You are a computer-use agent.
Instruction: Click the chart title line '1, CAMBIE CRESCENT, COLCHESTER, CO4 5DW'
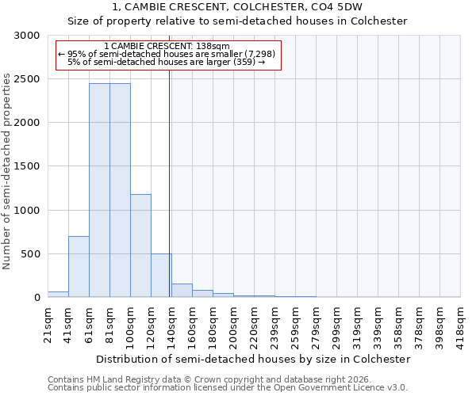(238, 7)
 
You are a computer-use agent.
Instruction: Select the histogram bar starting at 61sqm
(99, 190)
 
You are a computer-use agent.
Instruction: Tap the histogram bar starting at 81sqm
(120, 190)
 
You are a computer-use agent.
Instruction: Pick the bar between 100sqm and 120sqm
(140, 246)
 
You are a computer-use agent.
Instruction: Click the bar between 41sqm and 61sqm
(79, 267)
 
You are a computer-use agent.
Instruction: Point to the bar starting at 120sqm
(161, 276)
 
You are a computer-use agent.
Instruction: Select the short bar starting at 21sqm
(58, 294)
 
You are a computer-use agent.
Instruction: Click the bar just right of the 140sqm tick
(182, 291)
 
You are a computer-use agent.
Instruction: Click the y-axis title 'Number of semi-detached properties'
(7, 172)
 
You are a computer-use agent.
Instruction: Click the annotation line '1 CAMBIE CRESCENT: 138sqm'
(167, 46)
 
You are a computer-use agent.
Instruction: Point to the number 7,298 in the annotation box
(259, 54)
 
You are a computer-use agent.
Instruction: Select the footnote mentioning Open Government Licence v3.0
(228, 388)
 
